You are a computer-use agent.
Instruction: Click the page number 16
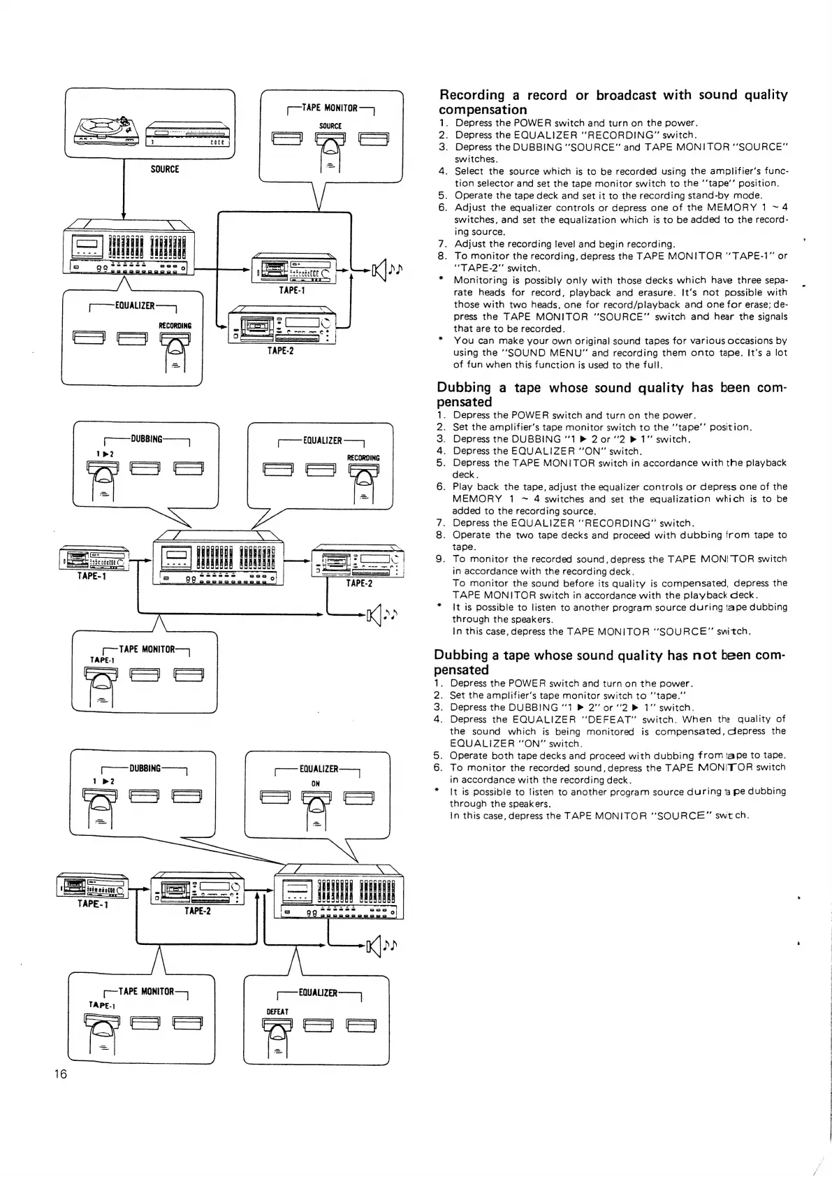click(61, 1074)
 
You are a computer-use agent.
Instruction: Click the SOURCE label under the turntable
click(165, 169)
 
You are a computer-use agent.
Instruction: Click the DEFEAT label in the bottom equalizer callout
click(277, 1011)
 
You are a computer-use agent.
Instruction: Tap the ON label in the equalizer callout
click(316, 784)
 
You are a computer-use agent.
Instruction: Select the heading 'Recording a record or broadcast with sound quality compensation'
click(613, 101)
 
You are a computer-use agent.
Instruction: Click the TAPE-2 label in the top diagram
click(280, 351)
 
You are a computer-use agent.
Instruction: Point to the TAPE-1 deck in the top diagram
click(294, 269)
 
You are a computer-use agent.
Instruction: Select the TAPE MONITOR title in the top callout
click(330, 108)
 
